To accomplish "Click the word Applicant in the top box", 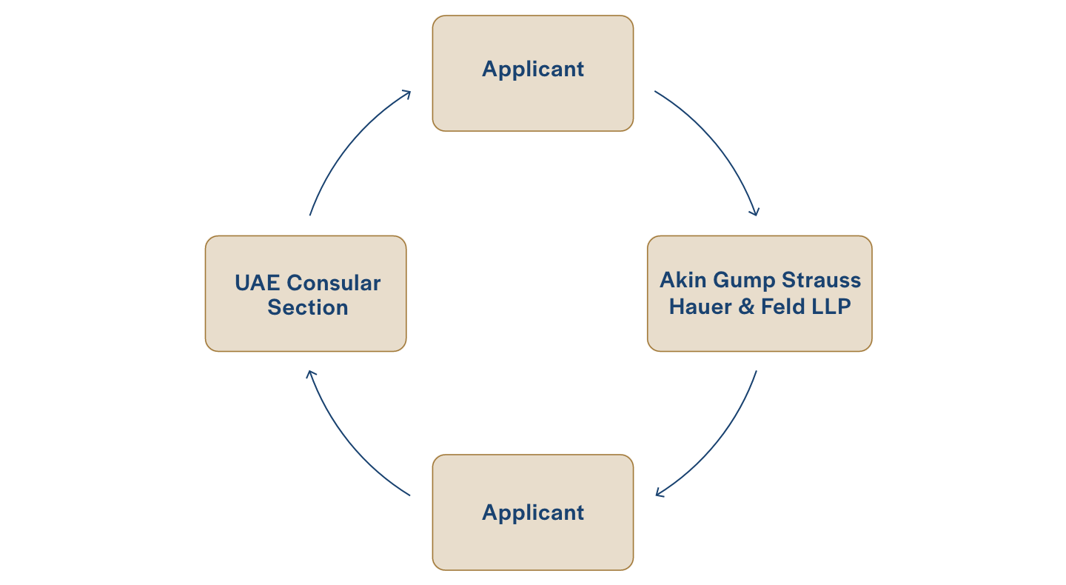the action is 532,70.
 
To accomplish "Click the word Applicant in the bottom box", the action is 532,513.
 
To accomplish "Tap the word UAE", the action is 257,283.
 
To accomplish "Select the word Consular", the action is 334,283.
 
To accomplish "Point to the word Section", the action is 308,307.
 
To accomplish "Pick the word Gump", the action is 744,281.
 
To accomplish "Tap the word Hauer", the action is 700,307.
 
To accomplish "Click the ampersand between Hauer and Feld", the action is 746,307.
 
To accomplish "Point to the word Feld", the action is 783,307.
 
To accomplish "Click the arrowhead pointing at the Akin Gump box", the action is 755,213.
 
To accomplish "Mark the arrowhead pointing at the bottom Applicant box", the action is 660,493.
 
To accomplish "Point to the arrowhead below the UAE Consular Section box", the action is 310,375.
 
